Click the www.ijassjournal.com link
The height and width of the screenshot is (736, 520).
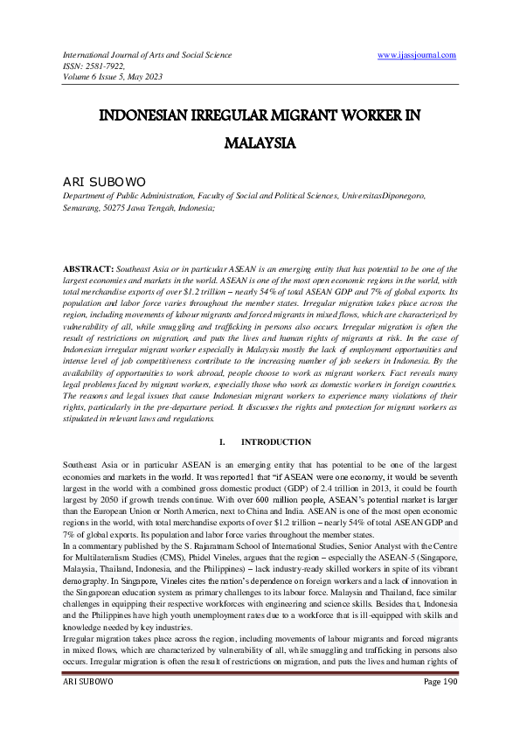pos(417,55)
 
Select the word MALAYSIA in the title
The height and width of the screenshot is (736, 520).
pos(260,141)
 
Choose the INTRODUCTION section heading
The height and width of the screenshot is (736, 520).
pos(275,442)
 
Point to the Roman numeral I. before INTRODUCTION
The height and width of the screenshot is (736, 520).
pos(223,442)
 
